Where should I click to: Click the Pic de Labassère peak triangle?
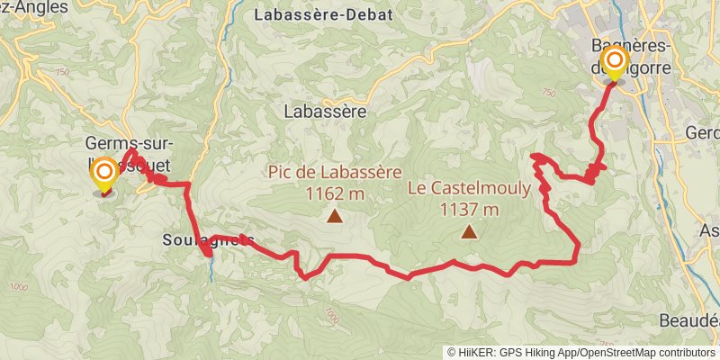coord(335,216)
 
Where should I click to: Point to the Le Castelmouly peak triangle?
coord(468,232)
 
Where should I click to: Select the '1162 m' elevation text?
coord(335,193)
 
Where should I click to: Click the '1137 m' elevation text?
coord(468,210)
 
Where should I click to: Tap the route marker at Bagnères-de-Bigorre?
coord(615,63)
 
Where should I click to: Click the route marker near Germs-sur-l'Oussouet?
coord(104,173)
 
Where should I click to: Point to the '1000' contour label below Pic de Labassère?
coord(332,316)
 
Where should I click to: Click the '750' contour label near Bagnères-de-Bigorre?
coord(548,93)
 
